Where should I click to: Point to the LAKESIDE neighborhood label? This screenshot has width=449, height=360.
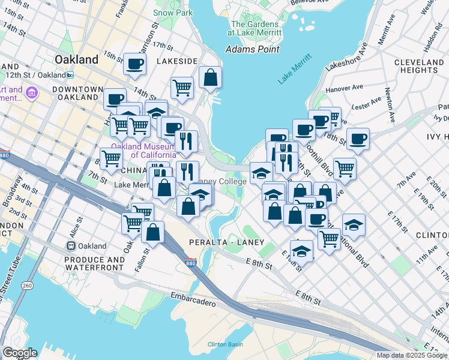tap(177, 61)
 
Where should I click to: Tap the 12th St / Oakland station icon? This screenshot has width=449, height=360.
tap(70, 75)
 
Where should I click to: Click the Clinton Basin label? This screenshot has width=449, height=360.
tap(225, 344)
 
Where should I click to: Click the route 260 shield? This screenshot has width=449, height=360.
tap(28, 286)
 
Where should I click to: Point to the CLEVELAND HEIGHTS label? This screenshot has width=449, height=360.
tap(419, 66)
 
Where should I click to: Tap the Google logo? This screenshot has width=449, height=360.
tap(20, 353)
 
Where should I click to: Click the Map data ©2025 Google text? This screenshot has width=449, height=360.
tap(411, 355)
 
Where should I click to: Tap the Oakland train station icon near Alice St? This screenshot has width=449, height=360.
tap(71, 246)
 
